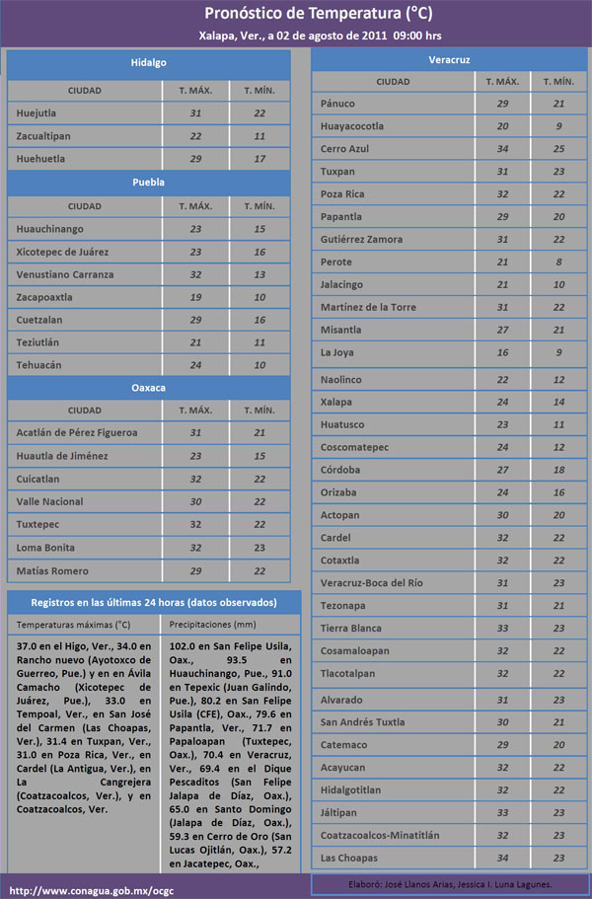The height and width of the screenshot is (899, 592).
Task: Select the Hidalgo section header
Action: pyautogui.click(x=148, y=63)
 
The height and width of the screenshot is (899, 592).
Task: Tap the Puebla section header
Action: pyautogui.click(x=148, y=183)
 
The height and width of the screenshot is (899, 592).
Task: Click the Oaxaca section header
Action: pyautogui.click(x=148, y=388)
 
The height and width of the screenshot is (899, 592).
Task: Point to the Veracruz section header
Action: pyautogui.click(x=449, y=59)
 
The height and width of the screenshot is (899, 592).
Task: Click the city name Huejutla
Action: pyautogui.click(x=37, y=113)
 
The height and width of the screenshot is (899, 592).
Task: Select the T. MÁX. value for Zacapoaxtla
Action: pyautogui.click(x=194, y=297)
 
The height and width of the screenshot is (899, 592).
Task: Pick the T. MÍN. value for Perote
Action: pyautogui.click(x=558, y=262)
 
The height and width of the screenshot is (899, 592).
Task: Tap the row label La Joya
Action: pyautogui.click(x=336, y=352)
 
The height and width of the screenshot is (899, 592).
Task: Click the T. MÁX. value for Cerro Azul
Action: pyautogui.click(x=502, y=149)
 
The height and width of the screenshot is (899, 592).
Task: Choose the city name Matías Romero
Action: pyautogui.click(x=52, y=570)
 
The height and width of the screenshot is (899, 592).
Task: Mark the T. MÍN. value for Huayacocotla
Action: pyautogui.click(x=558, y=126)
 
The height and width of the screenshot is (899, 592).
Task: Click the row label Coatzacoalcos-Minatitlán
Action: pyautogui.click(x=381, y=835)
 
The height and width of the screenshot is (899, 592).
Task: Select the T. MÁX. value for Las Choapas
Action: pyautogui.click(x=502, y=857)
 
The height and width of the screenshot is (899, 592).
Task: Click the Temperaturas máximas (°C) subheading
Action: pyautogui.click(x=73, y=625)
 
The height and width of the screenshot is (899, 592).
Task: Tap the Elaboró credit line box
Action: pyautogui.click(x=450, y=884)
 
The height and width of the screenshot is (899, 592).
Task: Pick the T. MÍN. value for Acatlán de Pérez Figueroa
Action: pyautogui.click(x=259, y=433)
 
